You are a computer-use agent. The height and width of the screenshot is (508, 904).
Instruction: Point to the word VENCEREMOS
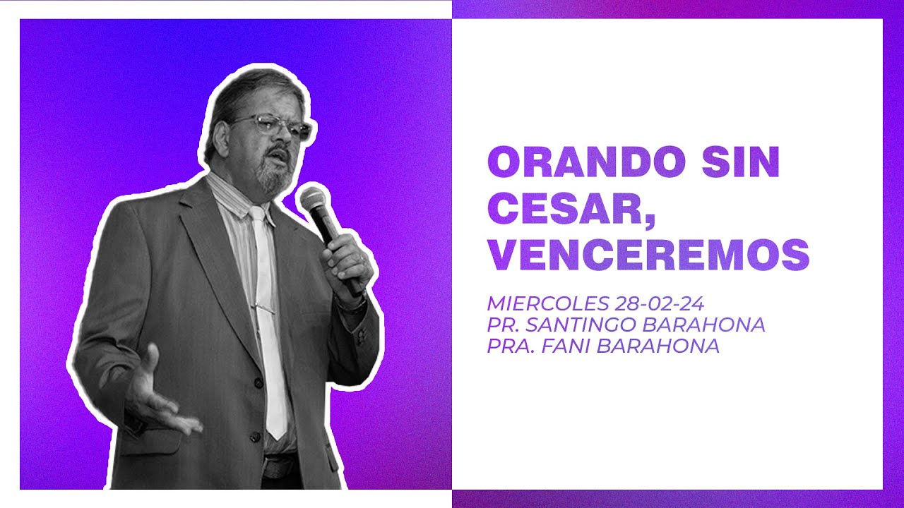pyautogui.click(x=648, y=255)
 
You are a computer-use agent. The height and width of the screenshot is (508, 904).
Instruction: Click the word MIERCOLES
pyautogui.click(x=547, y=304)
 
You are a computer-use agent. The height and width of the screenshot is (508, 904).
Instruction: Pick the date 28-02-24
pyautogui.click(x=659, y=304)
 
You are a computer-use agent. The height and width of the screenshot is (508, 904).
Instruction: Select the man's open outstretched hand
pyautogui.click(x=159, y=392)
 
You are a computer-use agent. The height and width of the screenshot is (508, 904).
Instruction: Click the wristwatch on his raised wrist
pyautogui.click(x=352, y=306)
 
